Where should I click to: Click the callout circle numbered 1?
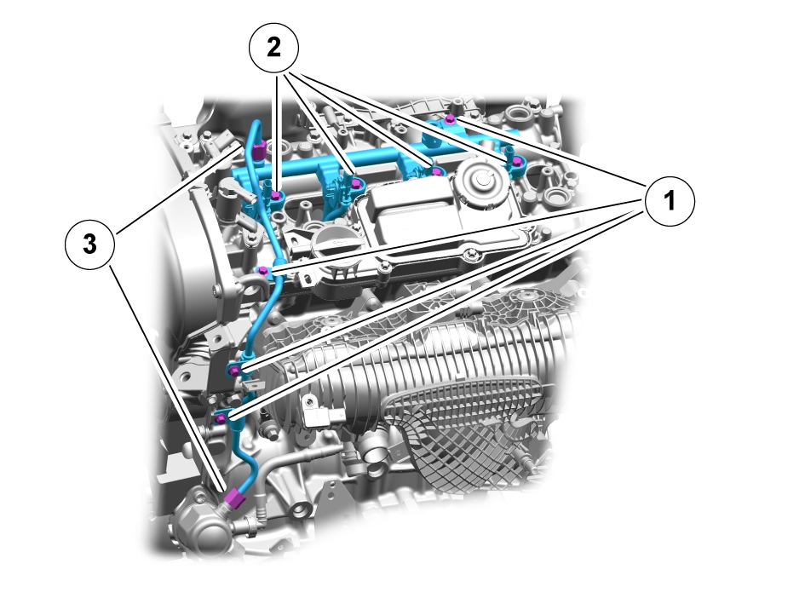tap(670, 202)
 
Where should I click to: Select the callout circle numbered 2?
tap(273, 49)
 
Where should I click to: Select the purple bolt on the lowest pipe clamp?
tap(221, 417)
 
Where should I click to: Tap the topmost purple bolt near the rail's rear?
tap(449, 118)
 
